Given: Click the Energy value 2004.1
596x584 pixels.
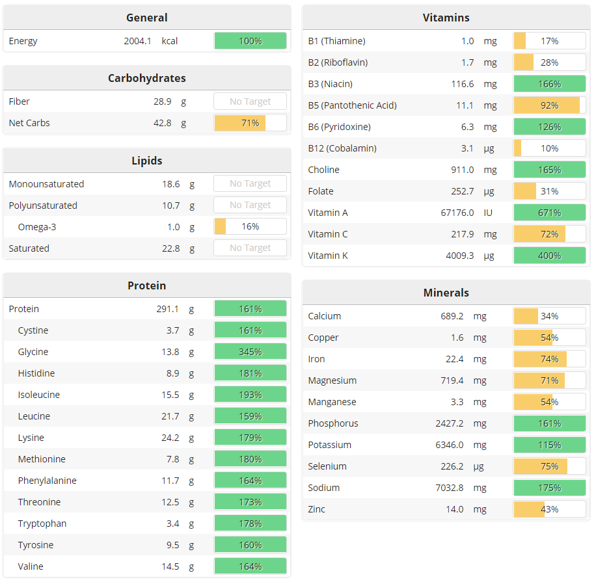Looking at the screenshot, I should (x=137, y=41).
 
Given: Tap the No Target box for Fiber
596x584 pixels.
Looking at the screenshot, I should (x=250, y=101).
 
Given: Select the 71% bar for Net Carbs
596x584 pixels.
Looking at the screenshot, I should (x=250, y=123).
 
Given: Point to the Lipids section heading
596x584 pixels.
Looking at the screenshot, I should (x=147, y=161).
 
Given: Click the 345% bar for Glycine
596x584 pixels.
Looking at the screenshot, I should (x=250, y=352).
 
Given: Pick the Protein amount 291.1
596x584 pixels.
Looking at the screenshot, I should (x=167, y=309).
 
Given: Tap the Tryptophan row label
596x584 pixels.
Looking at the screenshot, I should (x=42, y=524).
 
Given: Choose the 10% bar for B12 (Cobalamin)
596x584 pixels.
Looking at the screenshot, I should (x=549, y=148).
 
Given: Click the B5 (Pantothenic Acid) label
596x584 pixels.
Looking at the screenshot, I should (x=352, y=105).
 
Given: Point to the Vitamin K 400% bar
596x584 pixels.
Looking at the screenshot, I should (x=549, y=256).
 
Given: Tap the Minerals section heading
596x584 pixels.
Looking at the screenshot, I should (x=446, y=293).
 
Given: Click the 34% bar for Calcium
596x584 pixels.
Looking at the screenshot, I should (x=549, y=316).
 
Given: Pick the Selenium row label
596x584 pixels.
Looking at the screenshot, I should (x=327, y=466).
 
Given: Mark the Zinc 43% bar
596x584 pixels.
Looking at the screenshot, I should (x=549, y=509).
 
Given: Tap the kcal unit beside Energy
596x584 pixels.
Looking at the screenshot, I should (x=170, y=41).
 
